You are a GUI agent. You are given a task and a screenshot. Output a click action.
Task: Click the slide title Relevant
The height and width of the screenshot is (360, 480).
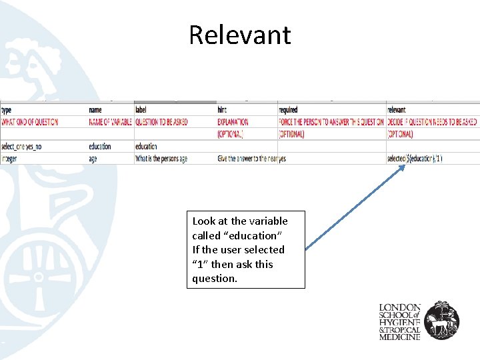239,35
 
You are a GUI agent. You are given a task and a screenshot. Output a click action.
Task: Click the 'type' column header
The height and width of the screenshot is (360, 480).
7,110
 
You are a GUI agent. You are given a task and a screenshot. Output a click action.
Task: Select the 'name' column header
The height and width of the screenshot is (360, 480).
96,110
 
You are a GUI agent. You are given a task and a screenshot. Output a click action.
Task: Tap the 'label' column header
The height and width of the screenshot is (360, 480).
141,110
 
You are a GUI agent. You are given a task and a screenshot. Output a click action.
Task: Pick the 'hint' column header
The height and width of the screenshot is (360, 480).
222,110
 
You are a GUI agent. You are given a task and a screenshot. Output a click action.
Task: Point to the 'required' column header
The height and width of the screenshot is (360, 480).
289,110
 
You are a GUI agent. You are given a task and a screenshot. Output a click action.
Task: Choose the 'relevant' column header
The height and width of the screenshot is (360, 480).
396,110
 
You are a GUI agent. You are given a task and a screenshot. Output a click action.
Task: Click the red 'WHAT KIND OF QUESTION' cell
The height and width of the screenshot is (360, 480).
29,122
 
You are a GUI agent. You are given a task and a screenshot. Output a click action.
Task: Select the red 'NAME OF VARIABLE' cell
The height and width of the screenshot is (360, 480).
109,122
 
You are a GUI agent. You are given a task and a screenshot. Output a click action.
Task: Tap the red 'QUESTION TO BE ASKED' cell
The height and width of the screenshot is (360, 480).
161,122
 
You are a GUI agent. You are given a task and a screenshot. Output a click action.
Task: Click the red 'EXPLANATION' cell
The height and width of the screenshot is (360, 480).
233,122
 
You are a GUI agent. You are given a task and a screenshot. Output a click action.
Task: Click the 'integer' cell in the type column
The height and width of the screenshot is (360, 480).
9,159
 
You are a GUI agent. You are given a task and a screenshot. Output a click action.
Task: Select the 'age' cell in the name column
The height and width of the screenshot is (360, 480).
93,159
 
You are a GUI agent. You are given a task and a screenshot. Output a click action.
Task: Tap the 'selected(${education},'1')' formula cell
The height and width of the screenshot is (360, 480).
414,159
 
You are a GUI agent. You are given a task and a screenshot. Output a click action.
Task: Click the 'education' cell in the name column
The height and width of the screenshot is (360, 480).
100,146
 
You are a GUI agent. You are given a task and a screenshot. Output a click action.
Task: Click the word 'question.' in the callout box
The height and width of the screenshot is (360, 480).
215,279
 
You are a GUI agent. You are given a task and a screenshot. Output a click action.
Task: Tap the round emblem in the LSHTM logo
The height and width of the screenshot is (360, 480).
442,319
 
